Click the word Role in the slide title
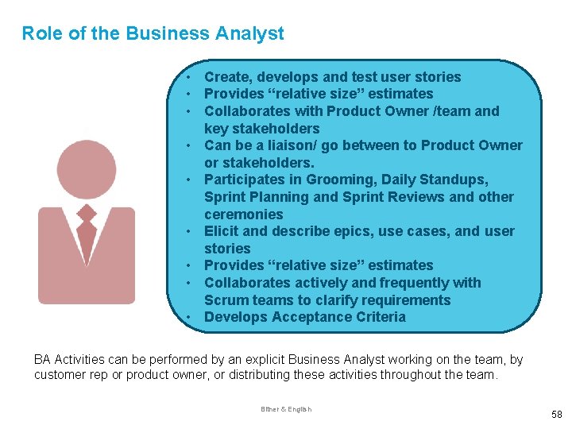39,33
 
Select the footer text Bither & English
286,409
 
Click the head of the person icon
87,169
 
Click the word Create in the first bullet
226,77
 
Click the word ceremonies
243,214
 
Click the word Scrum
226,300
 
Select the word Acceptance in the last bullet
310,317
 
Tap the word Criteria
378,317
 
